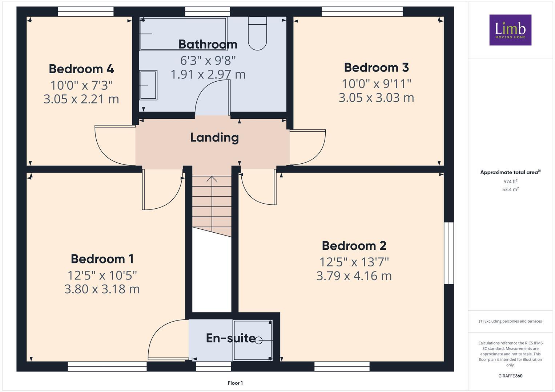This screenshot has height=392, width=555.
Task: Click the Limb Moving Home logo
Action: [x=510, y=30]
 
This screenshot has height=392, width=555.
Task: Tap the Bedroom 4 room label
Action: [x=81, y=69]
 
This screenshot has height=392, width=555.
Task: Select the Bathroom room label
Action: [x=208, y=44]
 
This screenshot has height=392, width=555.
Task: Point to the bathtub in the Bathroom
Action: [x=183, y=33]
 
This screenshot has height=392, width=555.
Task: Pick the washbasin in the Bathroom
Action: [x=148, y=85]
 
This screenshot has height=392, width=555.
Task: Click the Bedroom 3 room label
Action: [x=376, y=67]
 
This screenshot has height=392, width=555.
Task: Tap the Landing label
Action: [x=214, y=137]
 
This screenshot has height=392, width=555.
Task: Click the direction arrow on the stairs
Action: [x=212, y=179]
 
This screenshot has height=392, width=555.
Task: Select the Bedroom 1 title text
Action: [x=102, y=259]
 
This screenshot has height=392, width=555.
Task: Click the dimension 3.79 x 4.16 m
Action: [x=354, y=276]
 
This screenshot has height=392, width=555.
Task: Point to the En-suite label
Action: [x=230, y=338]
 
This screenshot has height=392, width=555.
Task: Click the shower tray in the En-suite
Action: [x=253, y=340]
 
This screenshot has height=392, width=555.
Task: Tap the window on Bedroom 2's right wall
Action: [x=449, y=253]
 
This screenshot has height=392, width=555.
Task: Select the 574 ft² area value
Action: [x=510, y=181]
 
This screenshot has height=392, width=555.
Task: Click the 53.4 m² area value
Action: [x=510, y=189]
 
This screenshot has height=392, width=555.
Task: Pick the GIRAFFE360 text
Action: [x=510, y=376]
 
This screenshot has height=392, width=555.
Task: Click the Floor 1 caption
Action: [x=235, y=383]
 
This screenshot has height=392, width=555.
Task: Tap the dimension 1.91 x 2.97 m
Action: [x=208, y=74]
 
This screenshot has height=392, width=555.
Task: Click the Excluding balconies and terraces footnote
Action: [x=510, y=321]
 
